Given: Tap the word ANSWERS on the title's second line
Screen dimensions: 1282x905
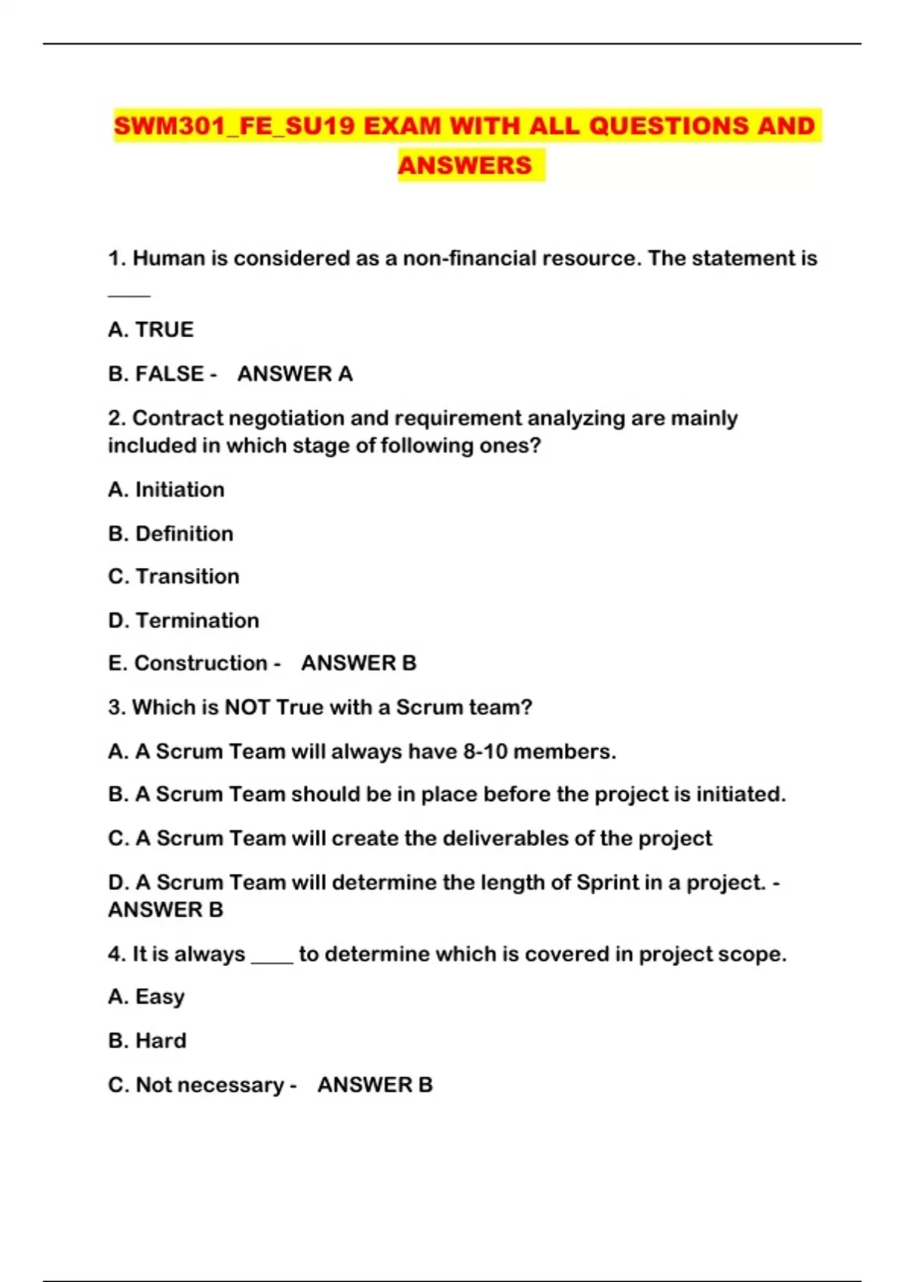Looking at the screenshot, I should tap(465, 165).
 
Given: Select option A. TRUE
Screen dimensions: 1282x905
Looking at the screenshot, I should tap(151, 330).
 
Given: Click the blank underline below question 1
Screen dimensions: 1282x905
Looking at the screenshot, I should tap(129, 296).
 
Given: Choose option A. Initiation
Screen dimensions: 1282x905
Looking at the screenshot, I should tap(166, 489).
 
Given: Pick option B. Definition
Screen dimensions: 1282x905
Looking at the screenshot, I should tap(170, 533).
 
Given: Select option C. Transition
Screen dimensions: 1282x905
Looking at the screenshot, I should tap(173, 576).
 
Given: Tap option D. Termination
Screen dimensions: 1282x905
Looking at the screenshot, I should tap(183, 620).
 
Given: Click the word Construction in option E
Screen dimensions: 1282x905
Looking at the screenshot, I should tap(201, 663).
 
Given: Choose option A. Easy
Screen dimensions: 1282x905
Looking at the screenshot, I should tap(146, 997).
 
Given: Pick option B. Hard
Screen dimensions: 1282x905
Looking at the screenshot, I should tap(147, 1041).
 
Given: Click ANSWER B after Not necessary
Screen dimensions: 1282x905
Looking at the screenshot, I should tap(375, 1084).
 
